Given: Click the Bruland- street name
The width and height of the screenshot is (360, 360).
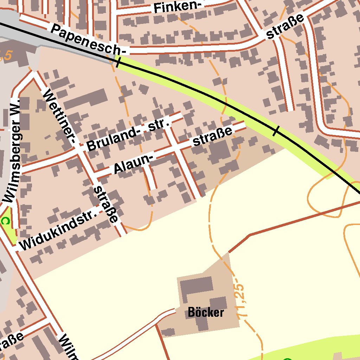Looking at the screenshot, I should [113, 139].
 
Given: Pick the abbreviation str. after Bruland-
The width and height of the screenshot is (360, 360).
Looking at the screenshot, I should [159, 124].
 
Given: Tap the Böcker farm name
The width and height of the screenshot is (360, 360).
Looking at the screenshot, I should [206, 312].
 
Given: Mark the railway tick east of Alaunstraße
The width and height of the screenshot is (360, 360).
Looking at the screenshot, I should [276, 131].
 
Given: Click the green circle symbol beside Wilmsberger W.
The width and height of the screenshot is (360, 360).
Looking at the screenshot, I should [5, 221].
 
